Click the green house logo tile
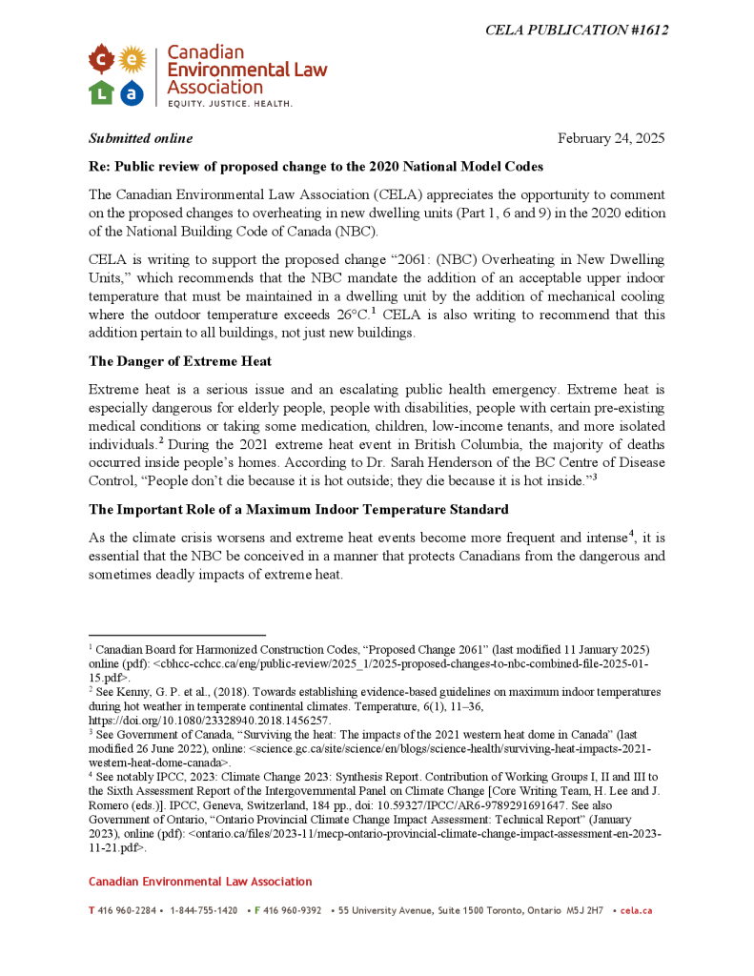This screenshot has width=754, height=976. click(x=101, y=92)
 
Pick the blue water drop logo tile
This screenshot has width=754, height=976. click(x=132, y=92)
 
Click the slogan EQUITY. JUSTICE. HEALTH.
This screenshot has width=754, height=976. click(x=231, y=103)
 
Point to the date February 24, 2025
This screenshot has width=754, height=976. click(x=611, y=138)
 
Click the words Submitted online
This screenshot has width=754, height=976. click(x=141, y=138)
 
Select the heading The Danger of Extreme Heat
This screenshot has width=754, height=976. click(x=180, y=360)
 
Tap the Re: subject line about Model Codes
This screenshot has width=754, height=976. click(x=316, y=167)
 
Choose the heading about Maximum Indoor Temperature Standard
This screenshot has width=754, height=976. click(x=298, y=509)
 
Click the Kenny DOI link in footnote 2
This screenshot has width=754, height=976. click(x=209, y=722)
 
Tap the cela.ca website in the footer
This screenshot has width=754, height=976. click(x=636, y=911)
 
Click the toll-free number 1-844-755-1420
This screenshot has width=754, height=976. click(x=204, y=911)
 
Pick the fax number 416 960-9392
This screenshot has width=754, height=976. click(x=292, y=911)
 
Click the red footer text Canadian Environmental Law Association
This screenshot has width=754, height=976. click(x=200, y=882)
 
